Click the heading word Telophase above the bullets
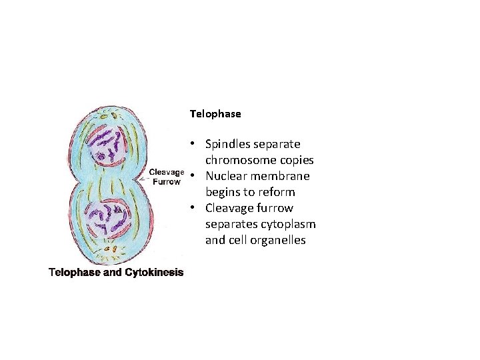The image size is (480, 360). [x=215, y=114]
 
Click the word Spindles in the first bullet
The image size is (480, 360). [x=228, y=144]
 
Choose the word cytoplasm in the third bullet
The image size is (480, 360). [x=287, y=224]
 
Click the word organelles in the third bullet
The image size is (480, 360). [x=275, y=240]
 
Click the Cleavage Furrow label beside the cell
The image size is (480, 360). [x=167, y=176]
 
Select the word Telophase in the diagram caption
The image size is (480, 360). [x=72, y=272]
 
